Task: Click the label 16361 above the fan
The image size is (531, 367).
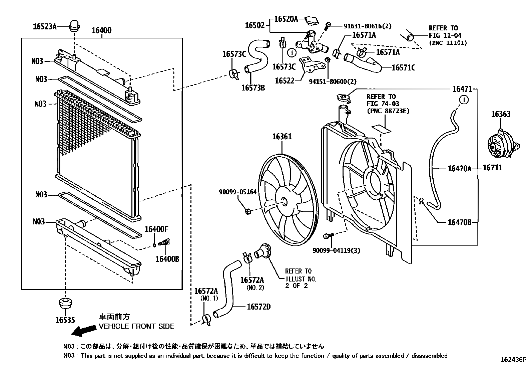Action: tap(282, 136)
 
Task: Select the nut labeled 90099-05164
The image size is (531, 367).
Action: tap(248, 211)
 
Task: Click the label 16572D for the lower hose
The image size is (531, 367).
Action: tap(258, 307)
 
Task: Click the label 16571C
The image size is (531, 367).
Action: tap(403, 68)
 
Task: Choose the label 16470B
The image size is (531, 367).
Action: tap(459, 222)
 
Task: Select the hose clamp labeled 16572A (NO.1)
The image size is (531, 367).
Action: tap(206, 320)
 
